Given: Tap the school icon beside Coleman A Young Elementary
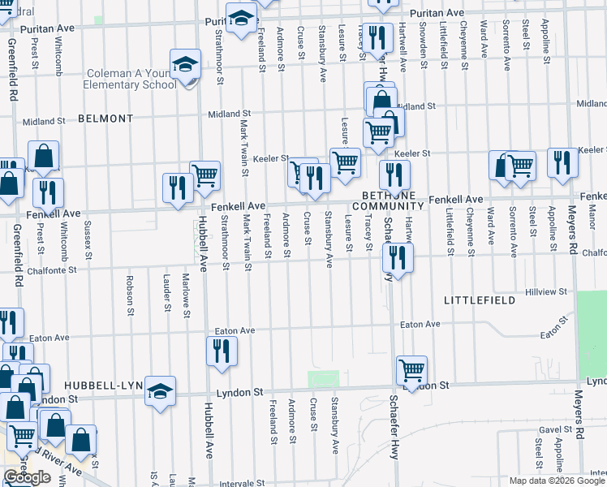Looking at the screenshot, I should coord(185,63).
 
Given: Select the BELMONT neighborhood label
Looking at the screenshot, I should coord(105,119).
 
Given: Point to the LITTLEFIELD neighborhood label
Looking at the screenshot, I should coord(479,301).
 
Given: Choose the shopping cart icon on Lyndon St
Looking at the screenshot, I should coord(411,370).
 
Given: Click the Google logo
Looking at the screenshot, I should coord(28,477).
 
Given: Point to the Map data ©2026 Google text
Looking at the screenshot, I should coord(557,481).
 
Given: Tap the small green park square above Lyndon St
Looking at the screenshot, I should coord(323,378).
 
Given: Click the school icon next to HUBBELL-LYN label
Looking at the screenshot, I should coord(160,391).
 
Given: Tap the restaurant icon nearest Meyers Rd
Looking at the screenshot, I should coord(562,162).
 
